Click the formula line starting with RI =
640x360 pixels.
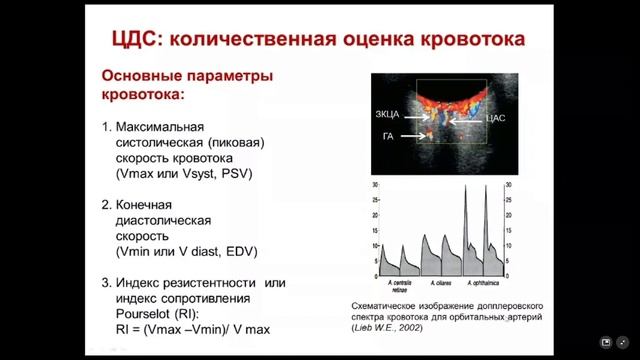point(186,328)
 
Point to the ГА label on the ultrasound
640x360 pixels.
point(388,136)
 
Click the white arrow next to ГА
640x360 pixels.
point(411,136)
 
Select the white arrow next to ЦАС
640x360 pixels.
point(466,119)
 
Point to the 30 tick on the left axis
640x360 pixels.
point(374,186)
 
